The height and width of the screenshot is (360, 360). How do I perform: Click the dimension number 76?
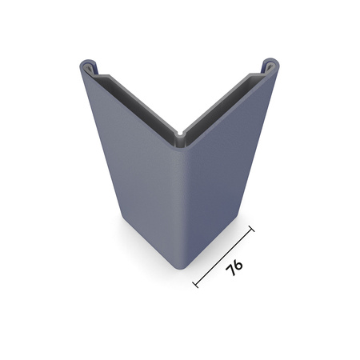(x=234, y=268)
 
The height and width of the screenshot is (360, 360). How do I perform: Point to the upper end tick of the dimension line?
(x=251, y=230)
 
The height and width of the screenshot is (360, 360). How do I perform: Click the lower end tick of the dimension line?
(x=196, y=285)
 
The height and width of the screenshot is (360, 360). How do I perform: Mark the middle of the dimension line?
(x=224, y=257)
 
